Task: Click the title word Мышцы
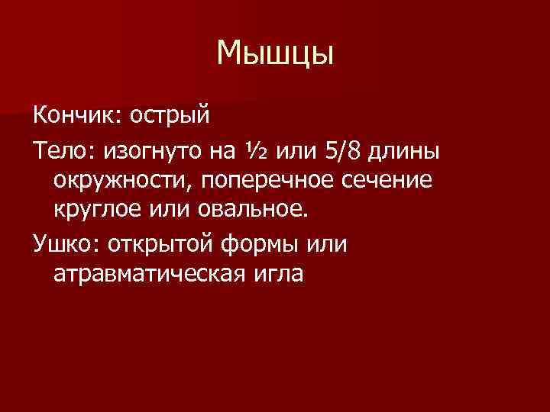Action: click(275, 53)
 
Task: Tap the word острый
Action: click(169, 117)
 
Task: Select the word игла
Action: click(282, 271)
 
